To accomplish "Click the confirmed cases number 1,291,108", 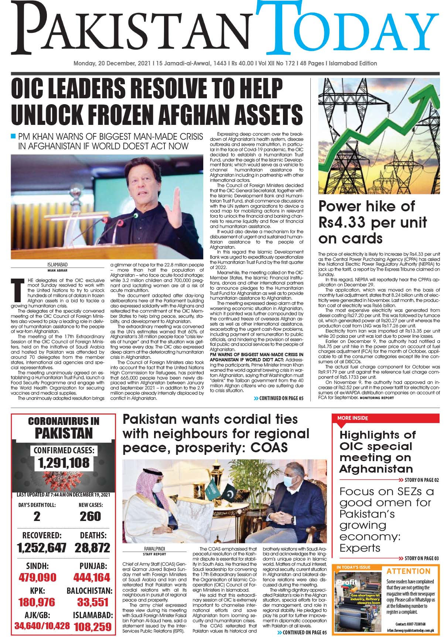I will point(64,462).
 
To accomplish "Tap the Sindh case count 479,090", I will point(37,577).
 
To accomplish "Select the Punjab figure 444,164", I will point(92,577).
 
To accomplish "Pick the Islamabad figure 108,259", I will point(92,627).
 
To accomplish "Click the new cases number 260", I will point(90,516).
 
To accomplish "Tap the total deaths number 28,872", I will point(92,548).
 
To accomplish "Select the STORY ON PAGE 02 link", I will point(419,480).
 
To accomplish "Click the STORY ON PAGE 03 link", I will point(419,558).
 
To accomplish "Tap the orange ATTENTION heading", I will point(409,571).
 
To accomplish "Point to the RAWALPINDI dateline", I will point(154,549).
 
